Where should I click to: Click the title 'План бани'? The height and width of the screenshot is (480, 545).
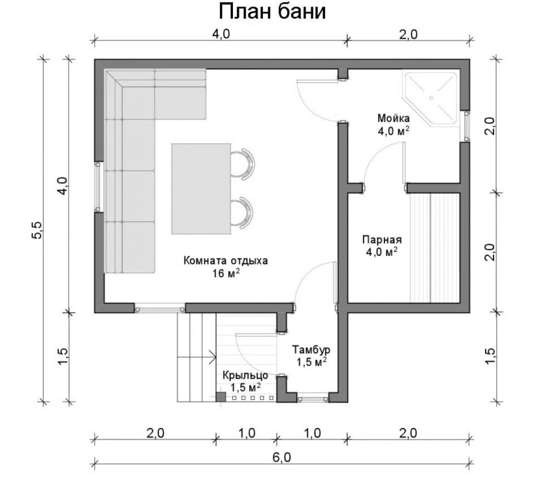tap(272, 12)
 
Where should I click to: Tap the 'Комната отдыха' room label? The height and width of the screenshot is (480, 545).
tap(226, 261)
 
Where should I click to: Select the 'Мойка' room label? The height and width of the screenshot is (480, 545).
tap(393, 118)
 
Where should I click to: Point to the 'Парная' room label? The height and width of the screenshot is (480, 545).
tap(382, 240)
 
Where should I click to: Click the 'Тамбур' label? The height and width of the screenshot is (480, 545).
tap(311, 349)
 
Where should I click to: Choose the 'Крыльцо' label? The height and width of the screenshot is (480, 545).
tap(246, 375)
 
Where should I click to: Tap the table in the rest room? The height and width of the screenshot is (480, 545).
tap(201, 189)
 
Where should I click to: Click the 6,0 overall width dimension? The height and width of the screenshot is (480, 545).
tap(281, 458)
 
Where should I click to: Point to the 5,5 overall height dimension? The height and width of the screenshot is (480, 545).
tap(37, 230)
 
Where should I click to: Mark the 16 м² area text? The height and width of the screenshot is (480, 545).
tap(226, 273)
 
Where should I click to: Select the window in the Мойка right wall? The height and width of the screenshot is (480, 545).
tap(465, 126)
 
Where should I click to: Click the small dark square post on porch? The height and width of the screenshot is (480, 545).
tap(220, 398)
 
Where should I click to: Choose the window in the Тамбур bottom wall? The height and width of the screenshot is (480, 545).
tap(313, 398)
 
